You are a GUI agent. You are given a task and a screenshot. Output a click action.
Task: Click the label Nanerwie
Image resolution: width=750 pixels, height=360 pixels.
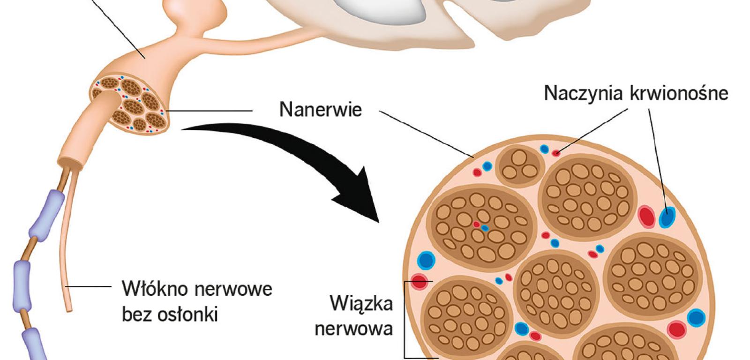[x=321, y=110]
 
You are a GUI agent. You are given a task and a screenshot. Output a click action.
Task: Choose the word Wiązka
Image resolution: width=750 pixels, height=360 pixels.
[x=361, y=303]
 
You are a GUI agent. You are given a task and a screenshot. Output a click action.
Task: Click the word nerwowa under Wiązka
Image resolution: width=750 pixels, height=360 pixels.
[x=354, y=329]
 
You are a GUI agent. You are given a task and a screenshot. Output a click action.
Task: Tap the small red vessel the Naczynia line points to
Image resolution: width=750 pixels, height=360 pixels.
[x=556, y=153]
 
